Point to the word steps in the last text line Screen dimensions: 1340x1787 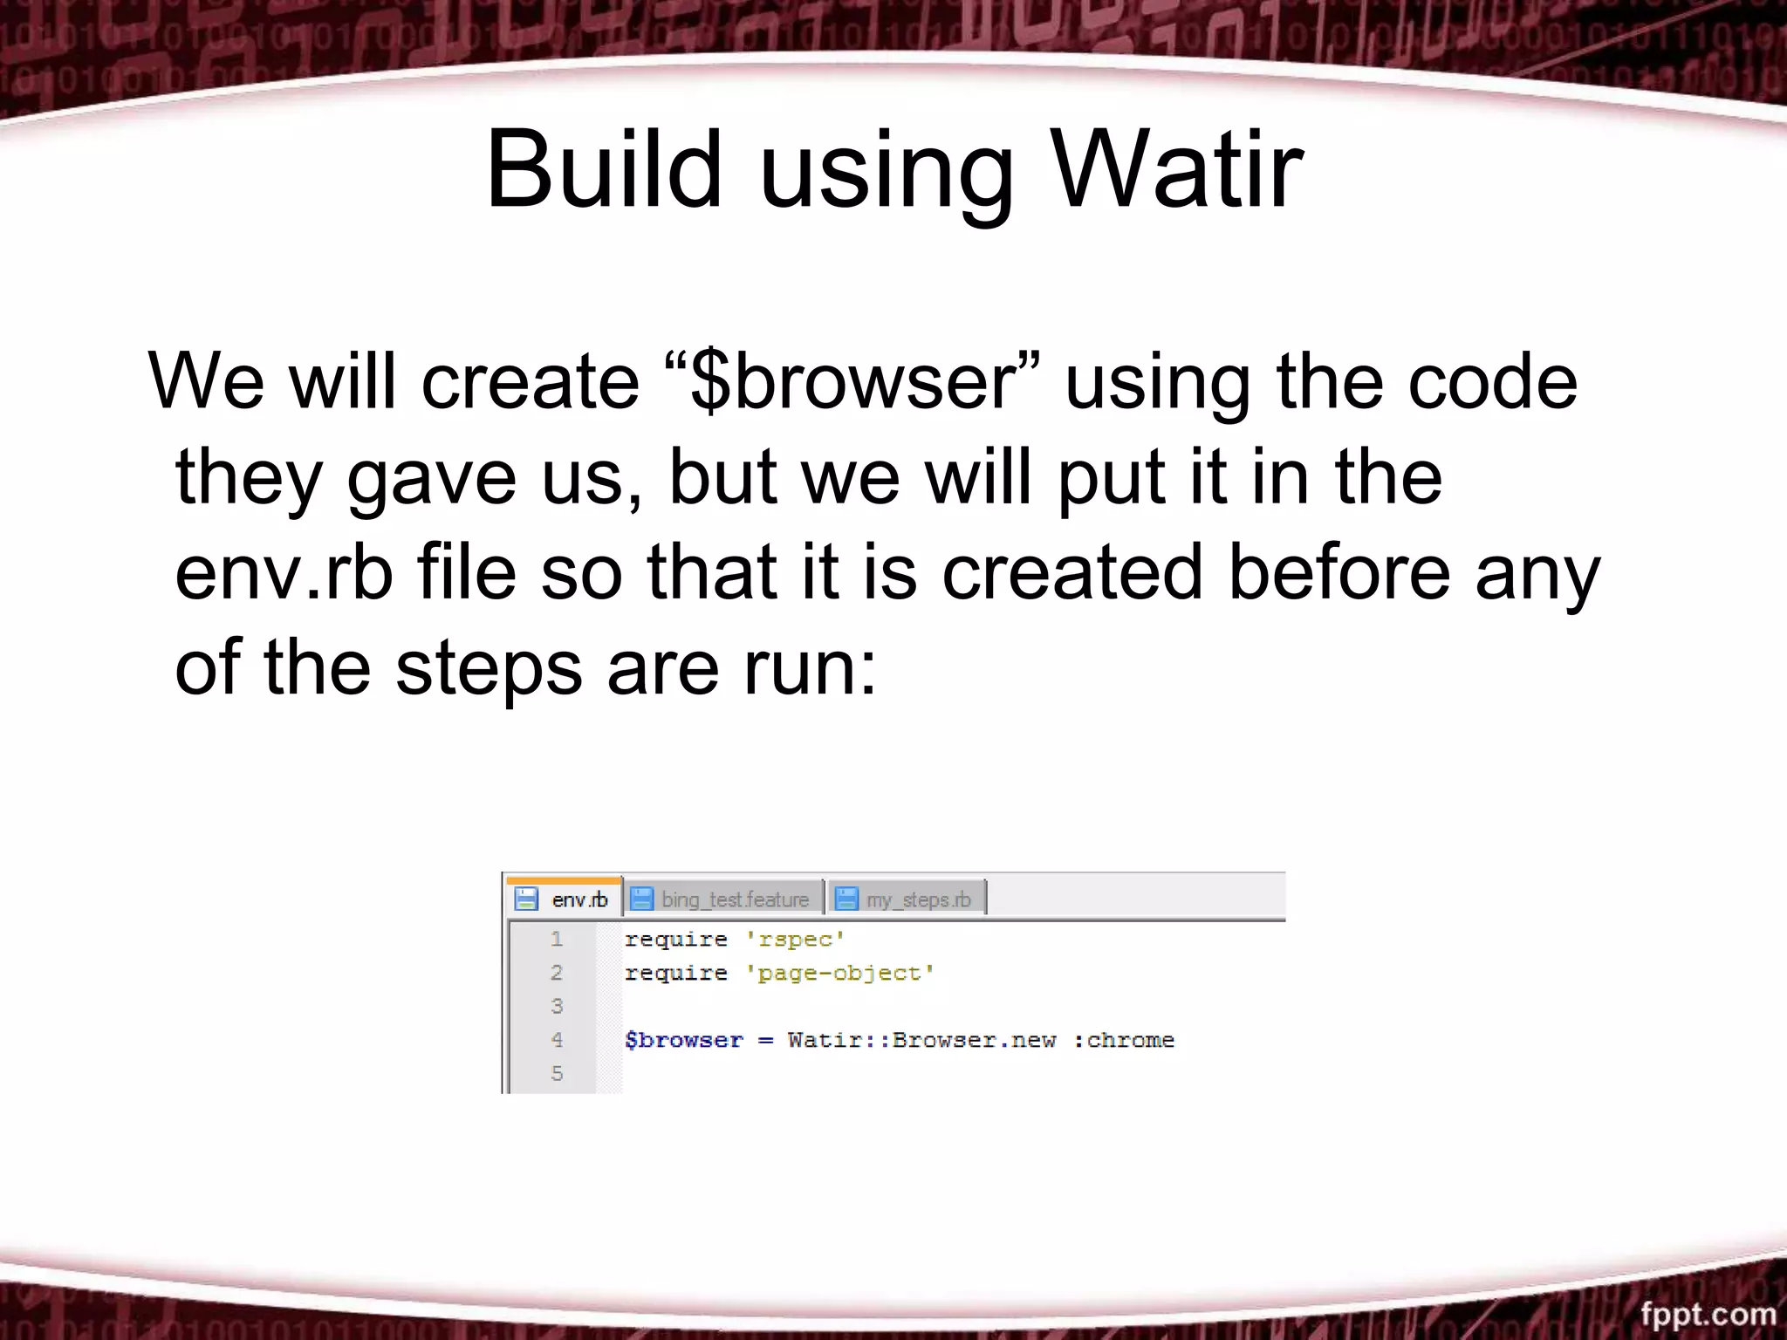point(489,668)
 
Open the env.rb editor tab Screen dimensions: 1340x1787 point(579,899)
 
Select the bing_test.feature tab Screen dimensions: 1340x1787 point(735,899)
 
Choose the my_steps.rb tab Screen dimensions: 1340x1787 point(918,899)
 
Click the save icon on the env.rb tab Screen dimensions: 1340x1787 point(526,899)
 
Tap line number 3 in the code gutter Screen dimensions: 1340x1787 point(557,1006)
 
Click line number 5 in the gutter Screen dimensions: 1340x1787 point(557,1073)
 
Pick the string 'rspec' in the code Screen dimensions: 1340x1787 point(795,940)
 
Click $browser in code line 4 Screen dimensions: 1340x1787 point(684,1040)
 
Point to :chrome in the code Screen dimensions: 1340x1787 point(1124,1040)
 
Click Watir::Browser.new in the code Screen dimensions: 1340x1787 point(921,1040)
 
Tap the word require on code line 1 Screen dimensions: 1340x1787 point(675,940)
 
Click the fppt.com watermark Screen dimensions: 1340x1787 point(1708,1313)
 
